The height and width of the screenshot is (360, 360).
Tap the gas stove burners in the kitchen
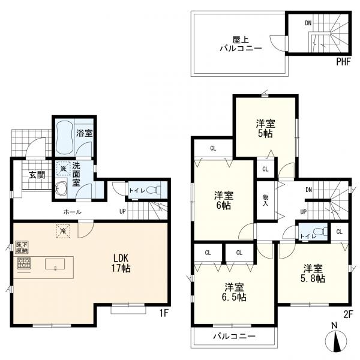(24, 263)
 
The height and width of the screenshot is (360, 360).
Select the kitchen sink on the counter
(55, 264)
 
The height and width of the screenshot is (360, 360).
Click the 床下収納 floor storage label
(22, 247)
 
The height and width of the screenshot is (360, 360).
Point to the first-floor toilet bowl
(153, 190)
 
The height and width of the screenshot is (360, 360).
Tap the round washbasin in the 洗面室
(61, 188)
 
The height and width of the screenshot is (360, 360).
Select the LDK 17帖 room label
(121, 263)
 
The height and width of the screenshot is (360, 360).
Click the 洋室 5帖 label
(265, 128)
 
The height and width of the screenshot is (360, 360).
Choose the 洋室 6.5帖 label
(234, 292)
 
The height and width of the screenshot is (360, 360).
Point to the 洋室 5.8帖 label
(313, 273)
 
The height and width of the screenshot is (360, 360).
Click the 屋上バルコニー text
(241, 44)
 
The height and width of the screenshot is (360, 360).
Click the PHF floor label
(344, 62)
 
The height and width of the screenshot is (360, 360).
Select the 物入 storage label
(265, 200)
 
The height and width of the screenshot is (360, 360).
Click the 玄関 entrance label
(37, 175)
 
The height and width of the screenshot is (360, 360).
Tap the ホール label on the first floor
(72, 212)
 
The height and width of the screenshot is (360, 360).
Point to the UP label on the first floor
(122, 211)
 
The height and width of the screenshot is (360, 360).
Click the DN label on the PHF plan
(308, 23)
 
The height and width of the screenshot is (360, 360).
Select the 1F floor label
(164, 313)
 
